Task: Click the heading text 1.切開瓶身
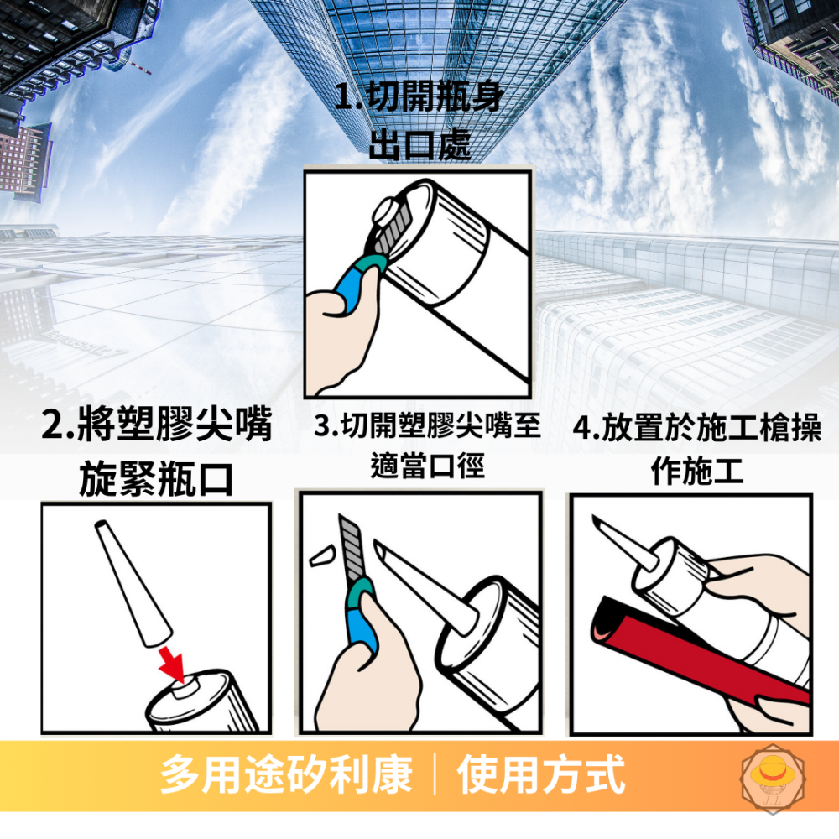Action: click(x=419, y=98)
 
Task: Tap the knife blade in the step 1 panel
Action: click(x=389, y=235)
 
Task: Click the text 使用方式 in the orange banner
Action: click(x=541, y=774)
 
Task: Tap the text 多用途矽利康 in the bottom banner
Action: click(x=287, y=774)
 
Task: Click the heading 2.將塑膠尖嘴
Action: click(x=157, y=425)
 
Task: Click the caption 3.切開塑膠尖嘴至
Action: click(x=427, y=426)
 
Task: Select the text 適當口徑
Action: click(x=427, y=466)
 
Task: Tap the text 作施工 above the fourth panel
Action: click(x=696, y=472)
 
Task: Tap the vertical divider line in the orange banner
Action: click(x=435, y=774)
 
